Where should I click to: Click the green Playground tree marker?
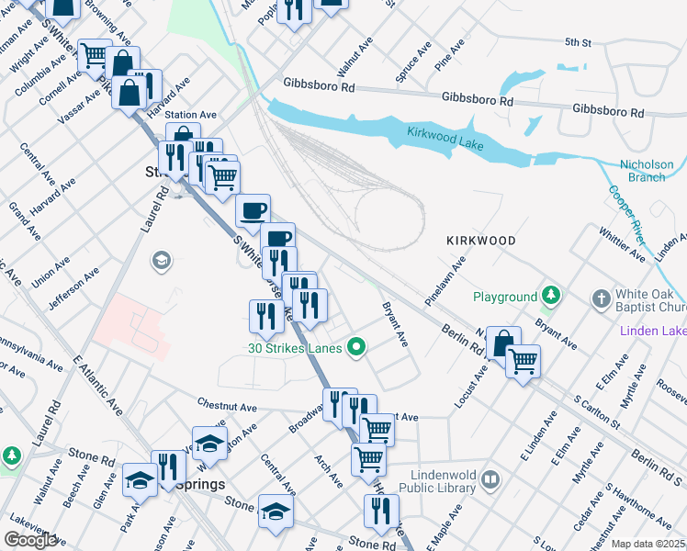[550, 296]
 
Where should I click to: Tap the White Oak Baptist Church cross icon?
[601, 298]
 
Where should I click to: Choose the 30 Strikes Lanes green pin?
[358, 347]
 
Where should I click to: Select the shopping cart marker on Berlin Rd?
[523, 361]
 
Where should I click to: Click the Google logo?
[30, 540]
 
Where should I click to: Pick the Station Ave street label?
[190, 115]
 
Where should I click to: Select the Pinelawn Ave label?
[445, 282]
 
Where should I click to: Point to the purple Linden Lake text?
[653, 331]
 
